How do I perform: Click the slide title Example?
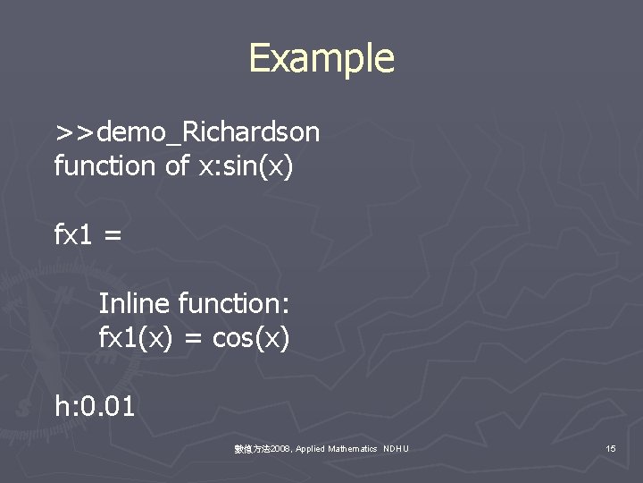click(321, 59)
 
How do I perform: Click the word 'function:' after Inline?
click(234, 304)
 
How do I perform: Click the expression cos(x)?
click(251, 339)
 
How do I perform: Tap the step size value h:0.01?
click(95, 407)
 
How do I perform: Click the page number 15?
click(611, 448)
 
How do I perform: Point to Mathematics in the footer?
click(352, 448)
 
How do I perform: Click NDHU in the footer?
click(396, 448)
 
